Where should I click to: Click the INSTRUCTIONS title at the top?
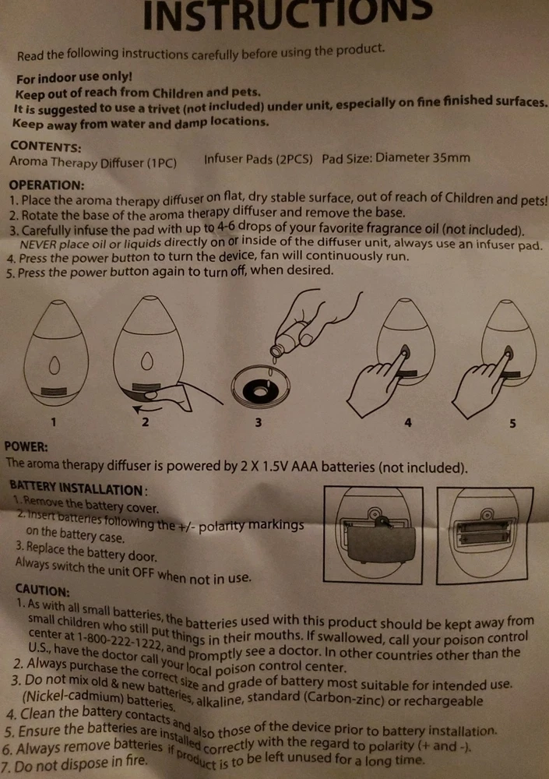click(287, 15)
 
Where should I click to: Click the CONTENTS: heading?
click(46, 146)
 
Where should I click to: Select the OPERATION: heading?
click(47, 185)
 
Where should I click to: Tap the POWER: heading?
click(26, 446)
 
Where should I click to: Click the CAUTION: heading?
click(42, 590)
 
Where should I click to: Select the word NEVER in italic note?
click(39, 245)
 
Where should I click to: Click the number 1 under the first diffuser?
click(54, 421)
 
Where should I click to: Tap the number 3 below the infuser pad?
click(259, 422)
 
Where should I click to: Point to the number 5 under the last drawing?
click(512, 423)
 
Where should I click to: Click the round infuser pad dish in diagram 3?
click(260, 387)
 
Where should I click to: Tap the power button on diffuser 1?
click(55, 366)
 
